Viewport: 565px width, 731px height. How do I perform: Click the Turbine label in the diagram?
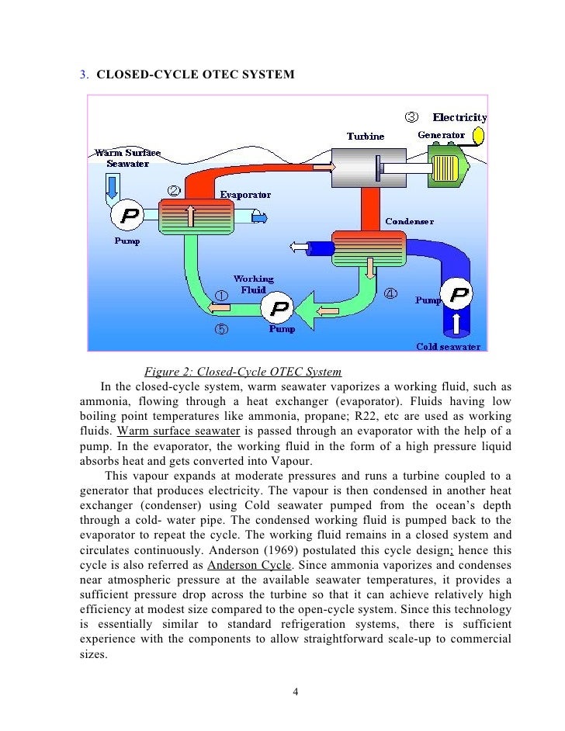pyautogui.click(x=365, y=137)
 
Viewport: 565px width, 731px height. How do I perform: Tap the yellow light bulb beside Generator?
pyautogui.click(x=477, y=137)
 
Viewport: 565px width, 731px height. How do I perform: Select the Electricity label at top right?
pyautogui.click(x=459, y=118)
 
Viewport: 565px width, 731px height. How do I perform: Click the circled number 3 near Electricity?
pyautogui.click(x=412, y=117)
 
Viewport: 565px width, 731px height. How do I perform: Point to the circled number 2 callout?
pyautogui.click(x=175, y=190)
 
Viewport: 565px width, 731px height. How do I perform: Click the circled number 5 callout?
pyautogui.click(x=221, y=329)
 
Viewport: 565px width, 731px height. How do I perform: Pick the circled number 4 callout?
pyautogui.click(x=390, y=293)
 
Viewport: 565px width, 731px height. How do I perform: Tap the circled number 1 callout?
pyautogui.click(x=221, y=296)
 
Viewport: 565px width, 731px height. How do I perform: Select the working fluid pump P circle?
pyautogui.click(x=277, y=309)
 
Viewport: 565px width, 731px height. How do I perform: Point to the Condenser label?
pyautogui.click(x=410, y=221)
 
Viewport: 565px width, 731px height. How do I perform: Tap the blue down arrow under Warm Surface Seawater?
pyautogui.click(x=113, y=186)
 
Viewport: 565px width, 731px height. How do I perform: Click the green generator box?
pyautogui.click(x=447, y=171)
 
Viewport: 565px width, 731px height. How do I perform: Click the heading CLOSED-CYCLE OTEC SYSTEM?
pyautogui.click(x=196, y=74)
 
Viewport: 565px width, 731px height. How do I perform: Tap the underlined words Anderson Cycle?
pyautogui.click(x=241, y=565)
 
